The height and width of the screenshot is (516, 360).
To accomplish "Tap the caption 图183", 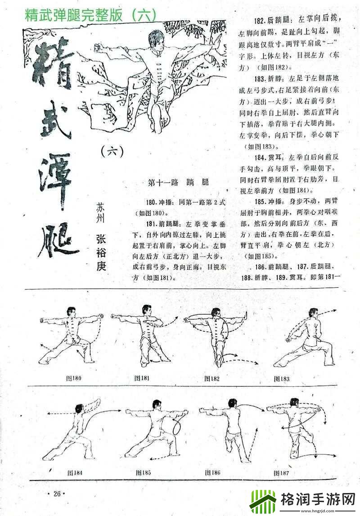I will (282, 379).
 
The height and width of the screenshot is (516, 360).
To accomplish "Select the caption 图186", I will (212, 473).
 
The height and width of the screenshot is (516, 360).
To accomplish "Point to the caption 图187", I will (282, 473).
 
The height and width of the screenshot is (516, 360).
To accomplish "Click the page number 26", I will (57, 493).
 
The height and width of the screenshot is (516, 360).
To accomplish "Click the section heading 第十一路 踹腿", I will (180, 183).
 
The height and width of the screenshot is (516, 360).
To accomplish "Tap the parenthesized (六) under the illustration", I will (112, 152).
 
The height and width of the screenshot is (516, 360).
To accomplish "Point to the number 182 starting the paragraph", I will (261, 21).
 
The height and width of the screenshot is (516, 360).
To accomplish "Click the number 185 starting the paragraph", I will (261, 201).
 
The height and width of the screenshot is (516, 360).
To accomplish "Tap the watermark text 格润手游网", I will (317, 498).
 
